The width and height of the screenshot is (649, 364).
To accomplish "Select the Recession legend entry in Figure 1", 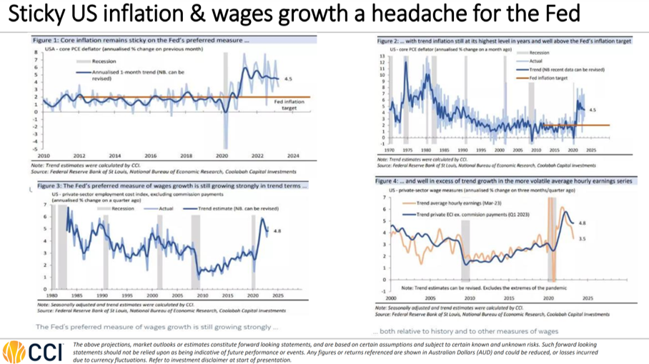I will tap(94, 61).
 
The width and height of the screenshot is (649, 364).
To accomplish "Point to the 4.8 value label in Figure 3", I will tap(279, 231).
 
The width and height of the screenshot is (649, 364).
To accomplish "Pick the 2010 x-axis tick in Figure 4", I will tap(468, 298).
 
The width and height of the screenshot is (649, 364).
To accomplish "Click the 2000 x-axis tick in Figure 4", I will tap(390, 298).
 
